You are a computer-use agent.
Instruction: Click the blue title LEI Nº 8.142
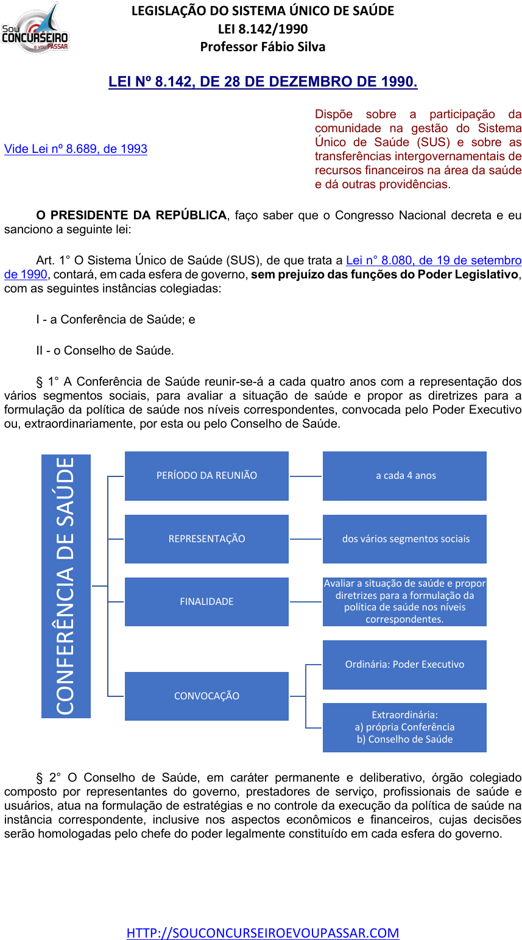(263, 82)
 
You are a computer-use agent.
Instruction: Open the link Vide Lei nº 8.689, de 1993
(76, 149)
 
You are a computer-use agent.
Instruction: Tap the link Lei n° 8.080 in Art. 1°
(433, 260)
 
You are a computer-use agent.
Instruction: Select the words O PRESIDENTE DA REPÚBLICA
(131, 215)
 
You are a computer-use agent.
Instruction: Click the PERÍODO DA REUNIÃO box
(206, 476)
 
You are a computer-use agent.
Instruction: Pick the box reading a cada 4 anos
(404, 476)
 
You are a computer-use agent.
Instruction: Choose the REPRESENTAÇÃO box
(206, 539)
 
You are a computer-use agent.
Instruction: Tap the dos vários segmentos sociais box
(404, 539)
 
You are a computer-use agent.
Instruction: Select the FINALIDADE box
(206, 602)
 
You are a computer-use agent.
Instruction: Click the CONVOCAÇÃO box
(206, 696)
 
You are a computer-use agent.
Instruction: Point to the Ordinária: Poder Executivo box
(404, 665)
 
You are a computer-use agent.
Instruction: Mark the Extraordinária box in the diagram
(404, 727)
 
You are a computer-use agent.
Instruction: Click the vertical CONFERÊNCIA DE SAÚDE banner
(66, 586)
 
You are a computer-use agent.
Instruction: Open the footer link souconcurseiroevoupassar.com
(263, 933)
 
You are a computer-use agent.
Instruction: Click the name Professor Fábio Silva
(263, 47)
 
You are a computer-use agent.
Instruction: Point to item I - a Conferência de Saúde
(116, 319)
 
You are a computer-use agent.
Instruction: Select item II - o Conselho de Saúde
(105, 350)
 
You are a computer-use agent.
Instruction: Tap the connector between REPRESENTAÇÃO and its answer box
(305, 539)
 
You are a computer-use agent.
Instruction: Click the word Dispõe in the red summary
(333, 114)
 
